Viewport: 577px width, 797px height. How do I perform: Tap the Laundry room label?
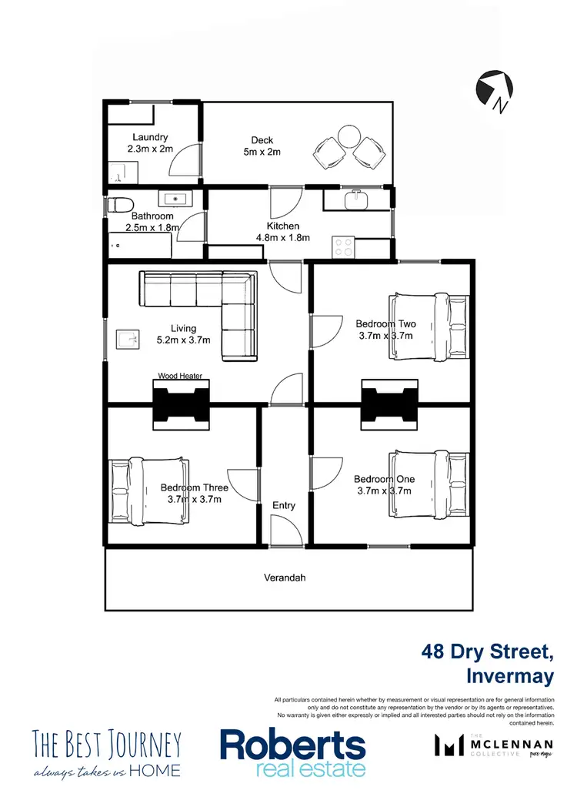tap(149, 138)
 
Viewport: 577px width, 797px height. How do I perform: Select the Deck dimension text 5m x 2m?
tap(262, 152)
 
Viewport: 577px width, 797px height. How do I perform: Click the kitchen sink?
tap(355, 199)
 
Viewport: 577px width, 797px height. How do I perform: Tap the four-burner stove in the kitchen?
tap(342, 247)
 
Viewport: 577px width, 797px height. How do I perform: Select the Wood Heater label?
tap(180, 376)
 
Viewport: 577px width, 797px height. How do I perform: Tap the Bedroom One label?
tap(384, 479)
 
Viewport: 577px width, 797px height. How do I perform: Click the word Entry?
tap(284, 505)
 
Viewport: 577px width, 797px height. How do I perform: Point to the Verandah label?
tap(285, 577)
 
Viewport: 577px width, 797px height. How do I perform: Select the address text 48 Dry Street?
tap(487, 652)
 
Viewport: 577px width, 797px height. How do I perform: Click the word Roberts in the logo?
tap(292, 744)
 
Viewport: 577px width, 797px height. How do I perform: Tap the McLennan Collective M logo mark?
tap(448, 745)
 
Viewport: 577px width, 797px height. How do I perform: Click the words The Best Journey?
tap(107, 744)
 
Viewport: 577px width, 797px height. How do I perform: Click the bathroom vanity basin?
tap(177, 199)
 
